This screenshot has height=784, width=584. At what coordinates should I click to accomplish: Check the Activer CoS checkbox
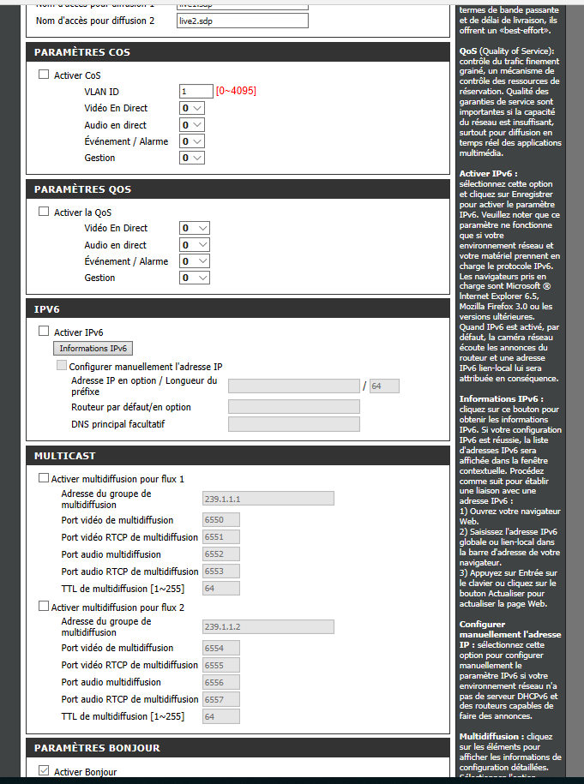tap(44, 75)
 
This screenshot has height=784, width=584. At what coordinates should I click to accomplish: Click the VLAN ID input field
tap(196, 91)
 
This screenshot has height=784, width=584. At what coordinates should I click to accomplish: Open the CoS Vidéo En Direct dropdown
tap(192, 108)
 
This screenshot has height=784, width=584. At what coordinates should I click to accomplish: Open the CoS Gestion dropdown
tap(192, 158)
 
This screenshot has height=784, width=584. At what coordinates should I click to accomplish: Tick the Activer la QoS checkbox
tap(44, 212)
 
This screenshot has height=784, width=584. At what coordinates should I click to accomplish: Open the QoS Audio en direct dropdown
tap(195, 245)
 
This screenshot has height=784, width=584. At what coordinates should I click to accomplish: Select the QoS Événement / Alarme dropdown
tap(195, 261)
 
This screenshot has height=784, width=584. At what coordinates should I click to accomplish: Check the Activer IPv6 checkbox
tap(44, 332)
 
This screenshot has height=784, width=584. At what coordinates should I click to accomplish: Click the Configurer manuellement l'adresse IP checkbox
tap(62, 365)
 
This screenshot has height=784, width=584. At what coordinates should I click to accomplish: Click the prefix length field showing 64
tap(384, 386)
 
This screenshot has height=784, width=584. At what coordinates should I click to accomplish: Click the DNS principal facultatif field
tap(293, 424)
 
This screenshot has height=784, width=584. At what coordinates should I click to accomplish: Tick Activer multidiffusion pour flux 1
tap(44, 479)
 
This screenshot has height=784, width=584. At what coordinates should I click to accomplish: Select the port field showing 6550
tap(220, 520)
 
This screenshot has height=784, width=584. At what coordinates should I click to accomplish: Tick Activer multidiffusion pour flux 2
tap(44, 607)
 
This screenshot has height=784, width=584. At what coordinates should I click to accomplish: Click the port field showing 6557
tap(220, 699)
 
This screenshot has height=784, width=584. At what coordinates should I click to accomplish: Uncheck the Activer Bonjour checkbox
tap(44, 771)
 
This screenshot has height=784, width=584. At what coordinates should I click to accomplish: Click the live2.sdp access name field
tap(241, 20)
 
